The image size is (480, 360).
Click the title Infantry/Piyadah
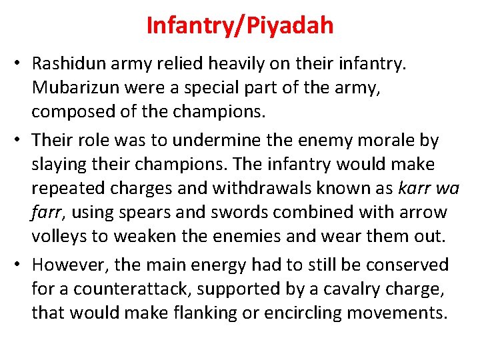[240, 26]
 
